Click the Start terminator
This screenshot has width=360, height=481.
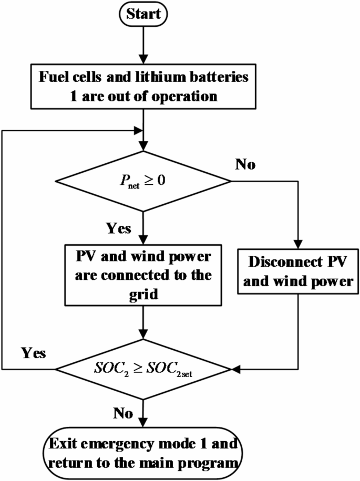coord(143,14)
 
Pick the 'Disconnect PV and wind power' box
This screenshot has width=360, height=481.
coord(299,272)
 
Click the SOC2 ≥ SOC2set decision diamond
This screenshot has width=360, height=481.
coord(143,369)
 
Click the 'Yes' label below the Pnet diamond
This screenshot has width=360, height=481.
coord(119,229)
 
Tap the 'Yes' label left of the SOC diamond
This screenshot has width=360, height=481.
coord(33,352)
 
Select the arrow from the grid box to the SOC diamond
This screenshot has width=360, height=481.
coord(143,322)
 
